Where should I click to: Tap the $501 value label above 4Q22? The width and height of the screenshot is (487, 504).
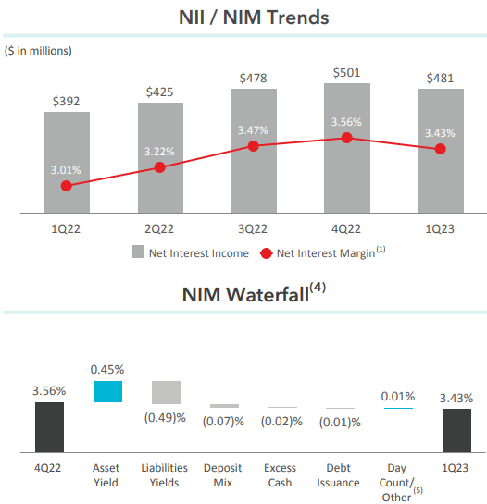pos(347,72)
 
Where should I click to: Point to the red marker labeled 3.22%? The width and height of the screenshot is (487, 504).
pos(159,167)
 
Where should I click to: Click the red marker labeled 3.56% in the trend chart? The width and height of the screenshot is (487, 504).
pos(347,137)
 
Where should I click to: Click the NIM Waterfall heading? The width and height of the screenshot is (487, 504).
pos(244,294)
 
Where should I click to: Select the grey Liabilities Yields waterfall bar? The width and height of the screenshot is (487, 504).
pos(167,392)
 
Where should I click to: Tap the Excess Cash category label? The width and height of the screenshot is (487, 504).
pos(280,475)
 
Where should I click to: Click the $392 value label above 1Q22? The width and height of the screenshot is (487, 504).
pos(67,101)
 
